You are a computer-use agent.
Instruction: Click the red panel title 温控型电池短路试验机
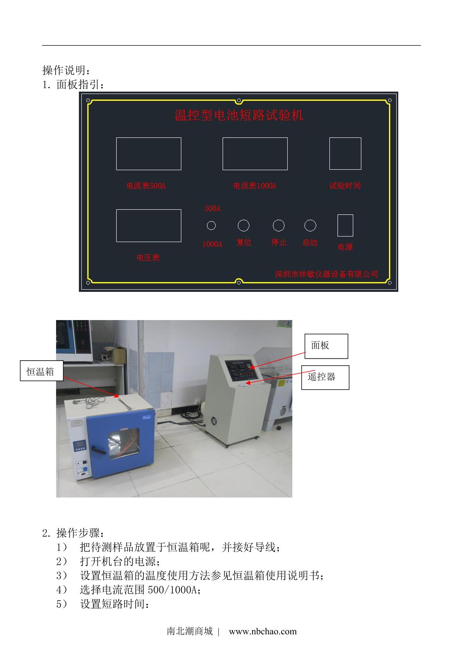tap(239, 115)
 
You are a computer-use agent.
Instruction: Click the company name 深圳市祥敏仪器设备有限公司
tap(326, 274)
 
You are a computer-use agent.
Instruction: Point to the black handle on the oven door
tap(99, 450)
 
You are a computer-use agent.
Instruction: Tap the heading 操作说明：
tap(66, 70)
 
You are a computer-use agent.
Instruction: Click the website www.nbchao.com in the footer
tap(263, 631)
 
